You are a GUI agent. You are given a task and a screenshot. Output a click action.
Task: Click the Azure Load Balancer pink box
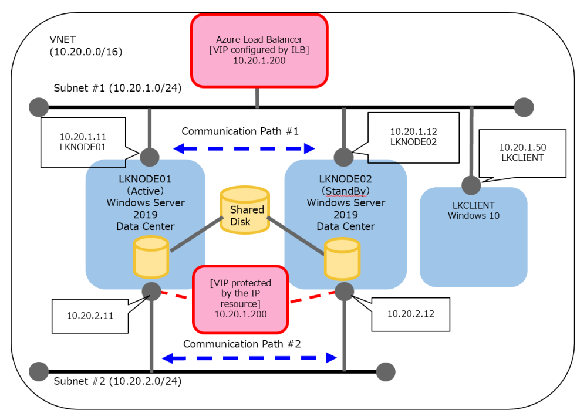click(259, 50)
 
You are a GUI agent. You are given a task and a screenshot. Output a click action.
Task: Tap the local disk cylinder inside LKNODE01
click(151, 256)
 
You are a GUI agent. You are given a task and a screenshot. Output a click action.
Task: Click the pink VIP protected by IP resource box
click(241, 299)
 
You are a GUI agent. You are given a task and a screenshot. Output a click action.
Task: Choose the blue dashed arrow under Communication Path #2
click(249, 357)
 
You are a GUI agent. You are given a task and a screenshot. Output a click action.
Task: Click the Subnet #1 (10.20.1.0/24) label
click(117, 89)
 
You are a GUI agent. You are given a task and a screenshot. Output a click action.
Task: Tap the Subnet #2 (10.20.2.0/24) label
click(117, 381)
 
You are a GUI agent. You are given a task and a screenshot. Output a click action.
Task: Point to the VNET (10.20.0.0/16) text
click(86, 45)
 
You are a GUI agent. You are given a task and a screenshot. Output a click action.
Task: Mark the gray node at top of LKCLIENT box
click(471, 185)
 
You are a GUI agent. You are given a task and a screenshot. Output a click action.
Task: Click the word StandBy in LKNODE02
click(345, 191)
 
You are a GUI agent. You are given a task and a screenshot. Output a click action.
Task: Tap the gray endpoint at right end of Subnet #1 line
click(524, 107)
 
